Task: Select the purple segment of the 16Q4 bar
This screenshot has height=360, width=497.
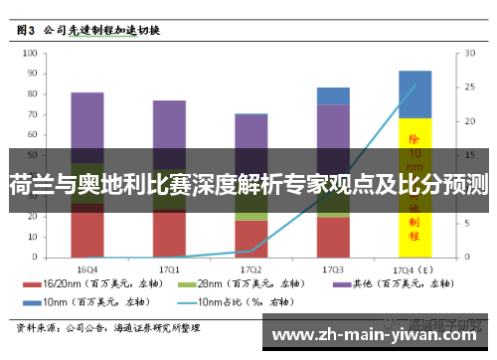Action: click(87, 124)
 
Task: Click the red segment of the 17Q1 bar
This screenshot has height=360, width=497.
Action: click(169, 235)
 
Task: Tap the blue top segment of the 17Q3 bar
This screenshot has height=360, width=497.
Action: click(333, 95)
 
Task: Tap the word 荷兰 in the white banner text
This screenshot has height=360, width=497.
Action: click(29, 185)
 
